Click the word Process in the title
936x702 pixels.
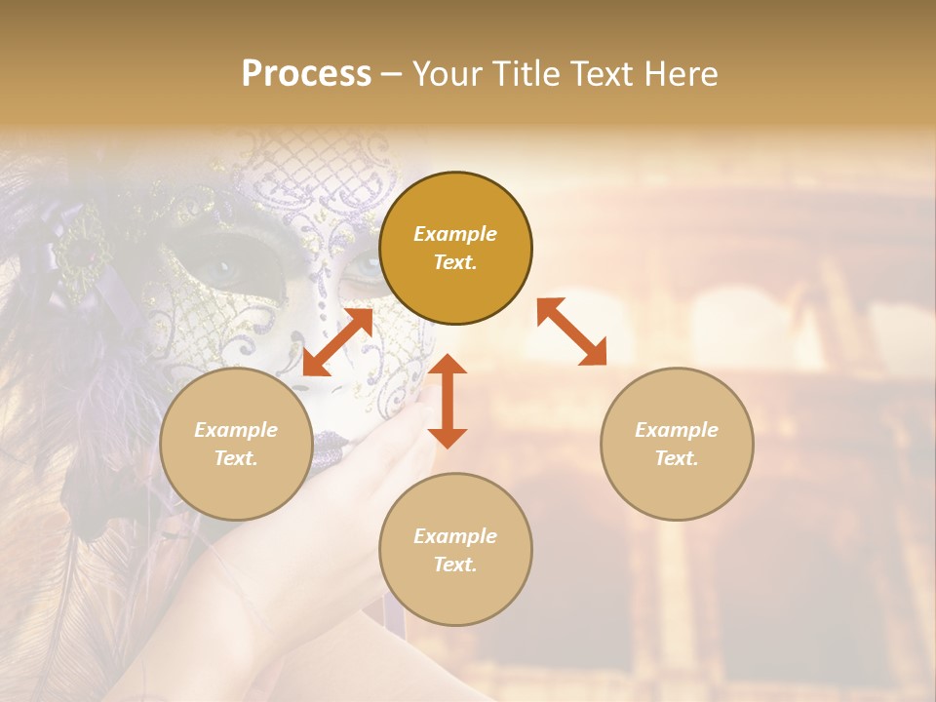[306, 74]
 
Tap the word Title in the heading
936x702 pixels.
[527, 74]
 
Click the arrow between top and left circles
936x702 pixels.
[337, 342]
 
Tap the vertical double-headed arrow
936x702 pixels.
[448, 401]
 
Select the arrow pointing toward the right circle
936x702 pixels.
[571, 331]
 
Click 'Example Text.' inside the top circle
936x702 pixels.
[455, 248]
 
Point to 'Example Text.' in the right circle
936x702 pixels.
[677, 444]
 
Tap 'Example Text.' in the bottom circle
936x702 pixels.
[455, 550]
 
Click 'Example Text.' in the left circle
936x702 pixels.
[236, 444]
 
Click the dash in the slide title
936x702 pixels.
[391, 74]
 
